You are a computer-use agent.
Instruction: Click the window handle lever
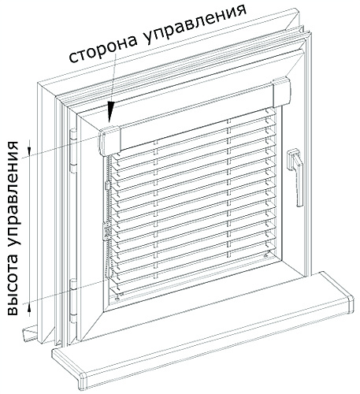click(296, 177)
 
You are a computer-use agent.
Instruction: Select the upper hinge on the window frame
click(73, 151)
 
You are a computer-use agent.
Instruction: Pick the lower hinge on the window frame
click(73, 301)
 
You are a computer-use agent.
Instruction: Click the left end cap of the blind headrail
click(109, 140)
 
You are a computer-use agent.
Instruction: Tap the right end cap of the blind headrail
click(282, 92)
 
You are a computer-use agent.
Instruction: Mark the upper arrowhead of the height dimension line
click(29, 148)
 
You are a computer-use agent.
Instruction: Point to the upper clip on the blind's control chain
click(108, 185)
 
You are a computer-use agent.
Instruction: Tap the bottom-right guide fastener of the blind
click(266, 255)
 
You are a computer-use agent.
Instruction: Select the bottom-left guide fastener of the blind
click(117, 298)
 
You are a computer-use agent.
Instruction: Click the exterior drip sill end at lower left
click(30, 334)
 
